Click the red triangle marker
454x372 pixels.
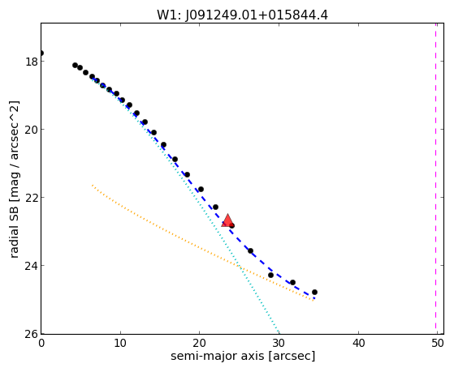pyautogui.click(x=227, y=220)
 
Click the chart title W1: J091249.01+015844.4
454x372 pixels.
pyautogui.click(x=242, y=15)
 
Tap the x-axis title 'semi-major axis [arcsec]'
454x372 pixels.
pyautogui.click(x=243, y=356)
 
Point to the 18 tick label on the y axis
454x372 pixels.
pyautogui.click(x=32, y=62)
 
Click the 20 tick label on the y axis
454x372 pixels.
pyautogui.click(x=32, y=130)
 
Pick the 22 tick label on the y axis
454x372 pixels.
pyautogui.click(x=32, y=198)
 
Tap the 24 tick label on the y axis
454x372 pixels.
pyautogui.click(x=32, y=265)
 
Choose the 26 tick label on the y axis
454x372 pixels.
pyautogui.click(x=32, y=334)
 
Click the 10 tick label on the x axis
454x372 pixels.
pyautogui.click(x=120, y=343)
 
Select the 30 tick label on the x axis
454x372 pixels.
pyautogui.click(x=279, y=343)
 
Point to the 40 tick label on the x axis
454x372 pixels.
pyautogui.click(x=358, y=343)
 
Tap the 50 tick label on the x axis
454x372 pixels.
pyautogui.click(x=438, y=343)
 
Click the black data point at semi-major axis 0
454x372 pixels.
pyautogui.click(x=41, y=53)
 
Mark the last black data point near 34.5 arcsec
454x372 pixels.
pyautogui.click(x=315, y=293)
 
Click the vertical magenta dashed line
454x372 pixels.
pyautogui.click(x=436, y=178)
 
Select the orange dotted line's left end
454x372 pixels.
pyautogui.click(x=93, y=185)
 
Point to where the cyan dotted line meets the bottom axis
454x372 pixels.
pyautogui.click(x=279, y=333)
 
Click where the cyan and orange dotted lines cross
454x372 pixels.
pyautogui.click(x=240, y=267)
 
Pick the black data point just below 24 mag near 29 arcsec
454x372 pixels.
pyautogui.click(x=270, y=276)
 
